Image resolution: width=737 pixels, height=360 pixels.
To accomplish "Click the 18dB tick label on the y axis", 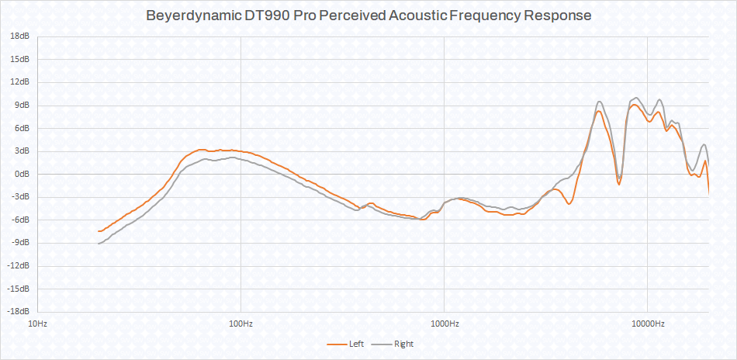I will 20,36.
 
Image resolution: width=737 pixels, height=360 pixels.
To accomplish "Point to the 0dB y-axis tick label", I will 22,174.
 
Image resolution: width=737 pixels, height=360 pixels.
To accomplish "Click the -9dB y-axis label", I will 21,243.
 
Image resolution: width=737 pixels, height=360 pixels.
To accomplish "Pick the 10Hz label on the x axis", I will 37,322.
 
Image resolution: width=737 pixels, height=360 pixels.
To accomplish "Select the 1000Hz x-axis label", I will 444,322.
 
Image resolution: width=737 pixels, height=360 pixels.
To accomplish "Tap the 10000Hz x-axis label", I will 647,322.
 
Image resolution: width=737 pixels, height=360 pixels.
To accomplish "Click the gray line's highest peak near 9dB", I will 636,98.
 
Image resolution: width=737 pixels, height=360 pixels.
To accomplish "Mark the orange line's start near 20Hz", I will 99,231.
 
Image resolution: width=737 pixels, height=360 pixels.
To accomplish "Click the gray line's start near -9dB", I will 99,244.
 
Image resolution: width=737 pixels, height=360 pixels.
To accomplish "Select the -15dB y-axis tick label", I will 19,289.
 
